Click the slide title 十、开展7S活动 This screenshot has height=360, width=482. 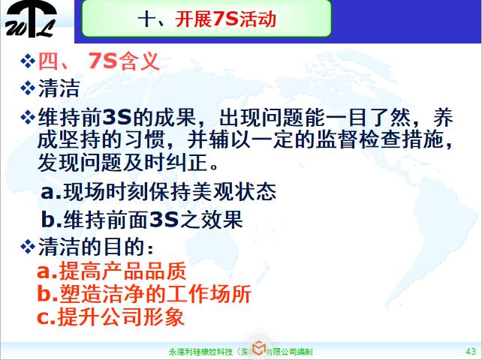(208, 18)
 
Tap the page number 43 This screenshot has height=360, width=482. (471, 350)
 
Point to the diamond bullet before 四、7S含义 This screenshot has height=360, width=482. (27, 61)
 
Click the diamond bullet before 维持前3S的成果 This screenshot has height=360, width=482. (27, 118)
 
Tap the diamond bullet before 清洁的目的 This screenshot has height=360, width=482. (27, 246)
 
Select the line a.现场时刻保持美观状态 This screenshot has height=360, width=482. (158, 191)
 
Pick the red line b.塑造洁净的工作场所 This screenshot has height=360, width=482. (143, 293)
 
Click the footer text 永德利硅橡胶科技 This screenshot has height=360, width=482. (199, 350)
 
